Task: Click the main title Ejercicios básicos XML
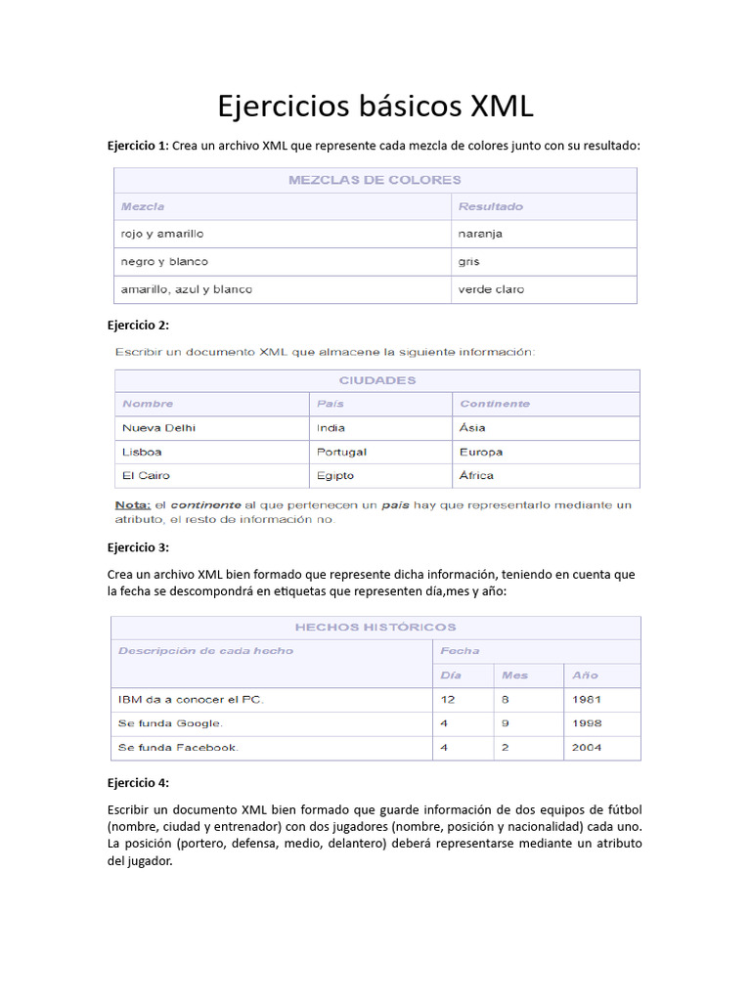375,106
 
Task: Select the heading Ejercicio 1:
138,146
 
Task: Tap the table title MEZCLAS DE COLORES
375,180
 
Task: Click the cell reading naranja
480,235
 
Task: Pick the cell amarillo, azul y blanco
186,289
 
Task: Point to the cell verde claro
491,289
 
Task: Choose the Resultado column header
491,206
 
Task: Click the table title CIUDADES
377,380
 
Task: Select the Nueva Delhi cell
158,428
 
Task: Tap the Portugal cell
341,452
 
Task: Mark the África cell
476,476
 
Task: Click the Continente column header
495,404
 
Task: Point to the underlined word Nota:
133,505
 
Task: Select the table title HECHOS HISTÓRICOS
375,628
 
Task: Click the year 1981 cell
588,700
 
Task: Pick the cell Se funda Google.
171,723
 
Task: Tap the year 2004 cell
588,748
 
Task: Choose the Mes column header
514,675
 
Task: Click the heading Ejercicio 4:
138,783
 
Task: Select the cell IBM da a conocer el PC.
191,700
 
